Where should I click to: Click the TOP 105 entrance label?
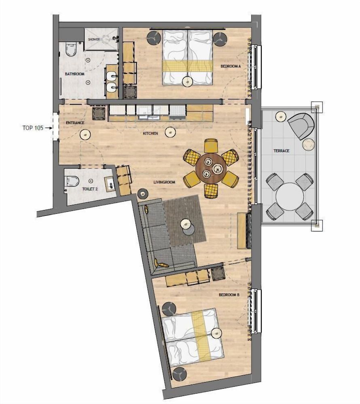[x=33, y=128]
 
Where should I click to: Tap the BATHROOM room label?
[x=74, y=74]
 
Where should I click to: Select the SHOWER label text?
[x=94, y=40]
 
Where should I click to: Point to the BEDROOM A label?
[x=231, y=66]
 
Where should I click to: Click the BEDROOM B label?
[x=229, y=295]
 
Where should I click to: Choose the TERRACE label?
[x=282, y=151]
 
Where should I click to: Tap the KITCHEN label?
[x=150, y=133]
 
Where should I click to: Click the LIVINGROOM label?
[x=164, y=182]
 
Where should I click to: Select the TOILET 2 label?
[x=90, y=189]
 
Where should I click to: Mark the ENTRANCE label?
[x=75, y=123]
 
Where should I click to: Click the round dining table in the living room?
[x=211, y=168]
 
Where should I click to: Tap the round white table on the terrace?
[x=290, y=197]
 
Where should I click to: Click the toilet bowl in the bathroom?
[x=71, y=49]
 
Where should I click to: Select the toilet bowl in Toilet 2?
[x=72, y=181]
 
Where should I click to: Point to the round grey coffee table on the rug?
[x=189, y=229]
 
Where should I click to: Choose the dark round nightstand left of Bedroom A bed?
[x=155, y=38]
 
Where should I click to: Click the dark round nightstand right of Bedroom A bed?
[x=220, y=39]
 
